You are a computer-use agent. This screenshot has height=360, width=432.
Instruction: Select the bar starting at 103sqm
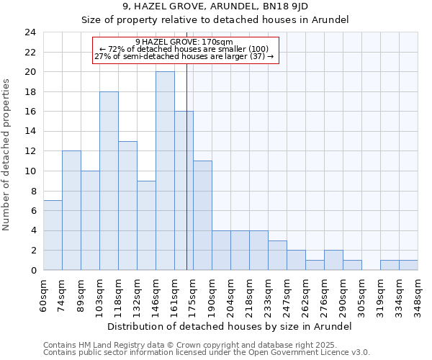coord(109,181)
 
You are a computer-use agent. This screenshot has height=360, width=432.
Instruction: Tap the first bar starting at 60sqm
coord(53,235)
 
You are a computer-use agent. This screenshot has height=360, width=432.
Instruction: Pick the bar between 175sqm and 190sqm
coord(202,215)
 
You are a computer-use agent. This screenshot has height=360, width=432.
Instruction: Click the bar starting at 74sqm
coord(71,210)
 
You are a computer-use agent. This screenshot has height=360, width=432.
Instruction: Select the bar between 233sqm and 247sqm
coord(277,255)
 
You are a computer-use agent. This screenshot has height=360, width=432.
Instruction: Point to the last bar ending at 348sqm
coord(408,265)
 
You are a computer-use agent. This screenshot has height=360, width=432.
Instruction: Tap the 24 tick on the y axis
coord(30,32)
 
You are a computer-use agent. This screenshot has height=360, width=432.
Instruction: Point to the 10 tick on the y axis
coord(30,171)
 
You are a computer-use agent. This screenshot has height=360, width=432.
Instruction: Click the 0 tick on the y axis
coord(33,270)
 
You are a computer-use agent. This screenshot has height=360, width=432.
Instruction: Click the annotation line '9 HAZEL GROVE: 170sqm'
coord(184,42)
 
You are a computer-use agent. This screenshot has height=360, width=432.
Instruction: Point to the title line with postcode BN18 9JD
coord(215,6)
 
